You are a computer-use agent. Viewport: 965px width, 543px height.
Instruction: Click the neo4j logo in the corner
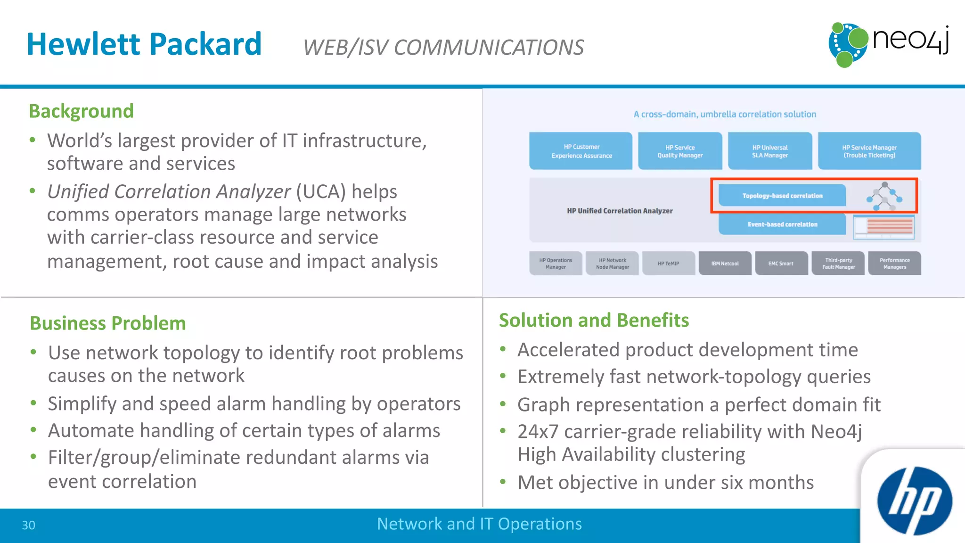[x=888, y=44]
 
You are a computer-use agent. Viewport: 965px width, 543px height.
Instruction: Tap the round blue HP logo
[x=914, y=501]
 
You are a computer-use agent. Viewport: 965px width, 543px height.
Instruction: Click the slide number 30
[x=29, y=525]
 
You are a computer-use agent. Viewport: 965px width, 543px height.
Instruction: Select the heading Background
[x=81, y=111]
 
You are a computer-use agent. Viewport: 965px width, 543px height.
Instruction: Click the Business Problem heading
[x=108, y=323]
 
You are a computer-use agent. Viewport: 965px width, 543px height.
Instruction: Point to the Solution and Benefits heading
[x=594, y=321]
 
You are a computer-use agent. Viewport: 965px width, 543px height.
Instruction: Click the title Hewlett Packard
[x=144, y=44]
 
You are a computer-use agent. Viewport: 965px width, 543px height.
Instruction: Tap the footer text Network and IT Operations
[x=479, y=524]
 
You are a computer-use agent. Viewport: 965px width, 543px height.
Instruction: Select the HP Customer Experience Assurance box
[x=581, y=151]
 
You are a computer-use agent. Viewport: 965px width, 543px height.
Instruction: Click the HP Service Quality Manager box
[x=680, y=151]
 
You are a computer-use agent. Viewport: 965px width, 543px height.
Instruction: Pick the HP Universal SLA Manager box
[x=769, y=151]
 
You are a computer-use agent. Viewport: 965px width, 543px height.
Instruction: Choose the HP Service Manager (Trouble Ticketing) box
[x=869, y=151]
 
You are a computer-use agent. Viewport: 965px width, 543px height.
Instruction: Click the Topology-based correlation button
[x=782, y=196]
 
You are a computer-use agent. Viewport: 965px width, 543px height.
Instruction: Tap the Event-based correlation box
[x=782, y=224]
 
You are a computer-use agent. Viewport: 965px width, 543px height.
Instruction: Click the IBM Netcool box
[x=725, y=263]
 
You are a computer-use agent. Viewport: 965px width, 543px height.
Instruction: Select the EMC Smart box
[x=781, y=263]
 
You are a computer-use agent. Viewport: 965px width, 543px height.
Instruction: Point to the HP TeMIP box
[x=668, y=263]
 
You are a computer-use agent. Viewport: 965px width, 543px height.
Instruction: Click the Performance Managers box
[x=894, y=263]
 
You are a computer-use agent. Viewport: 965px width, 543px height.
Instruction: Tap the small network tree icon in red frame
[x=884, y=196]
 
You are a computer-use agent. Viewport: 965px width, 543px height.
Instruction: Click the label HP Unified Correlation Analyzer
[x=620, y=211]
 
